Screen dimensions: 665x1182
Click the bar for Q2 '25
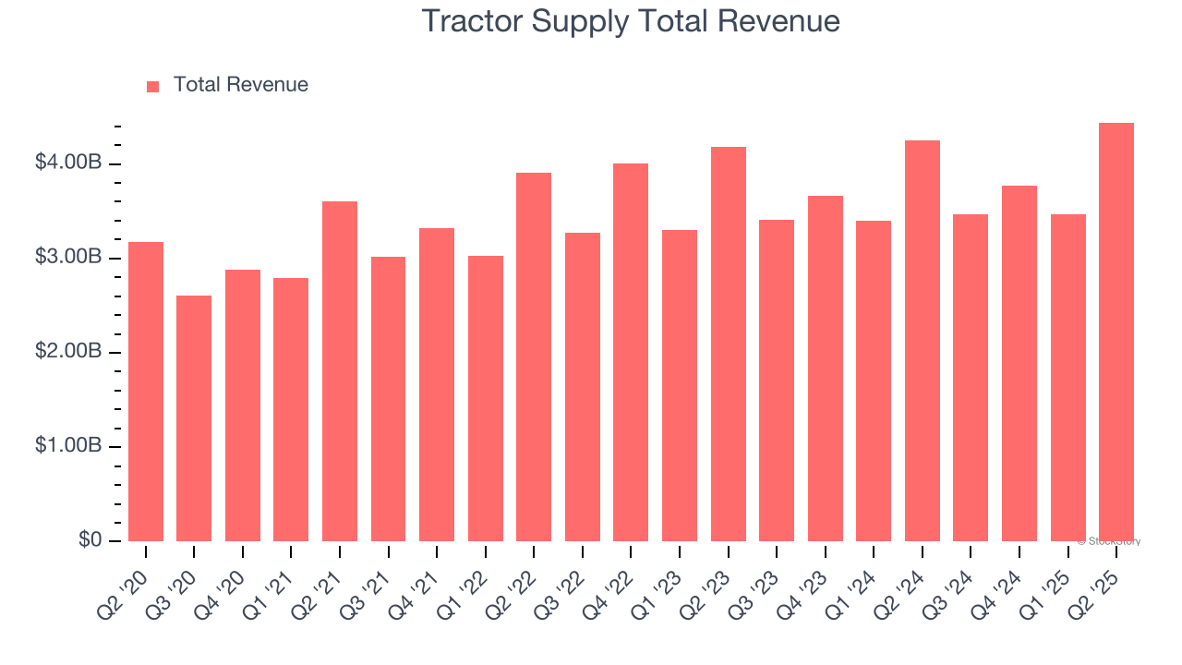1116,332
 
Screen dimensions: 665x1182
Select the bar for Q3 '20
194,418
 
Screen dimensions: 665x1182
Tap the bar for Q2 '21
340,371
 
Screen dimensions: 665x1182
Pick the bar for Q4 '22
631,352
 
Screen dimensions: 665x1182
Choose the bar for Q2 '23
729,344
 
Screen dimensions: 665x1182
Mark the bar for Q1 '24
874,381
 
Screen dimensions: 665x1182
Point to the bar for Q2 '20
146,392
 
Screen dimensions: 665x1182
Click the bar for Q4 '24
1019,363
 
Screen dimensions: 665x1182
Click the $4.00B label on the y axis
68,163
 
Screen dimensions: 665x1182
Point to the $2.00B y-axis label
68,352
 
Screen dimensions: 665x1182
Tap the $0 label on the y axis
89,540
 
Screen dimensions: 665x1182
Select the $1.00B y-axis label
68,446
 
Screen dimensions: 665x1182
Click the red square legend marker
153,86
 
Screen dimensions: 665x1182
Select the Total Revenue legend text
241,85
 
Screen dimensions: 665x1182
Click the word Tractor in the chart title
473,21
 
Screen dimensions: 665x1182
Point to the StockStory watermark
1109,541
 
